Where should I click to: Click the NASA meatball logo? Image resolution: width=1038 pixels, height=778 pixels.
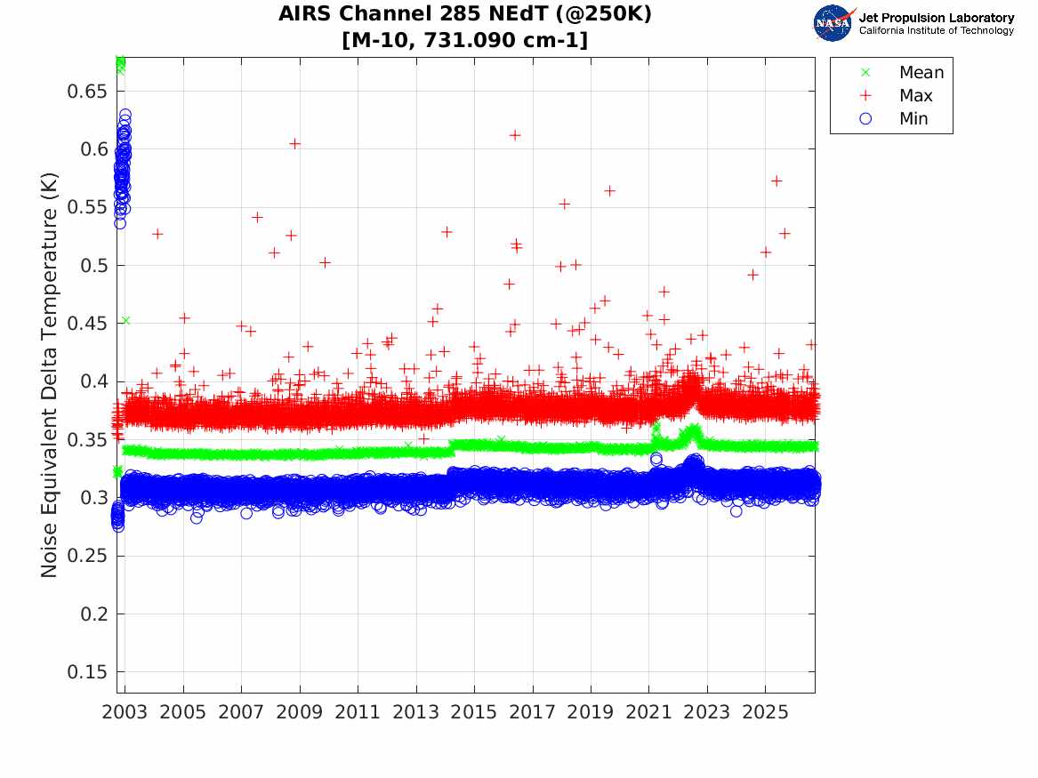click(x=833, y=23)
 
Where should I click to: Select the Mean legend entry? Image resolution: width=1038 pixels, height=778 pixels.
click(x=904, y=72)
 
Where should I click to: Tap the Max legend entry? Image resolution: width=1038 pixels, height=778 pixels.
click(x=897, y=95)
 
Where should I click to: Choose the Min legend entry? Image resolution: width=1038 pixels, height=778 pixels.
click(x=894, y=118)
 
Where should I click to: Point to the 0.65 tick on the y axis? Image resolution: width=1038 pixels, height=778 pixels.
click(x=86, y=92)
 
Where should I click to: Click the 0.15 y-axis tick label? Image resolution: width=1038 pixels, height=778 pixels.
click(x=86, y=672)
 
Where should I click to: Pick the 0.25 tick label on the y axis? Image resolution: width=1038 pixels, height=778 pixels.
click(x=86, y=556)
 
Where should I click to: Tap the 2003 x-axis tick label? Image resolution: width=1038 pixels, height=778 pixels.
click(x=125, y=712)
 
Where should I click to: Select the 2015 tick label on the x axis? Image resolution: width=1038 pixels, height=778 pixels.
click(x=474, y=712)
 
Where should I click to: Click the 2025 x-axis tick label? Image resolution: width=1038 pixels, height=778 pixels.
click(x=765, y=712)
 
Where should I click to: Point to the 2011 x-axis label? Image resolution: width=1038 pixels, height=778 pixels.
click(x=358, y=712)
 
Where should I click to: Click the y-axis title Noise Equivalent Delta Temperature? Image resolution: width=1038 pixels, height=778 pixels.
click(x=50, y=375)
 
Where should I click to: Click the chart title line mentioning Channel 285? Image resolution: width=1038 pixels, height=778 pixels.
click(x=464, y=14)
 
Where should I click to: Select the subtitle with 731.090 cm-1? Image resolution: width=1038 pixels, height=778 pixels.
click(x=464, y=40)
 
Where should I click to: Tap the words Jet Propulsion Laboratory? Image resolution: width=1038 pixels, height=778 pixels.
click(x=936, y=18)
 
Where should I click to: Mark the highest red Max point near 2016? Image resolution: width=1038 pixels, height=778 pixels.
click(x=515, y=135)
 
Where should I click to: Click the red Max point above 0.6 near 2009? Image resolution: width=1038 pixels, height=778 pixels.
click(x=295, y=143)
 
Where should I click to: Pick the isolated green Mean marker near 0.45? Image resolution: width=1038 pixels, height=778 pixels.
click(x=125, y=320)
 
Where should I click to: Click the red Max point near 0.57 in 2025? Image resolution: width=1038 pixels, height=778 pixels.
click(x=777, y=180)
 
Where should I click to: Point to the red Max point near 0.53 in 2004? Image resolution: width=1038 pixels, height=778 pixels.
click(x=157, y=234)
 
